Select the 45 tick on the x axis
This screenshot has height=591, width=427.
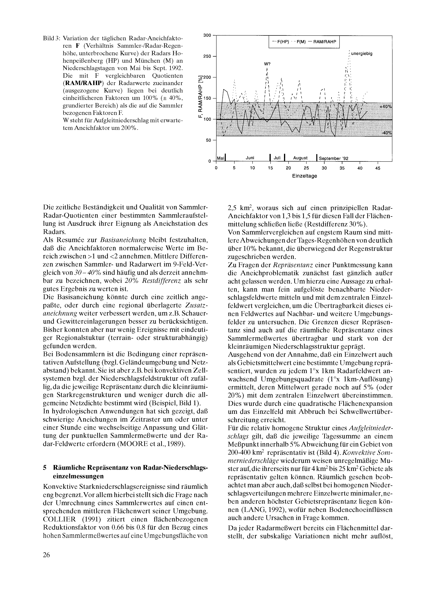(x=378, y=168)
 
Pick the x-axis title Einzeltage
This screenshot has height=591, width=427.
(x=304, y=176)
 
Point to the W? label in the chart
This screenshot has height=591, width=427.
(x=267, y=64)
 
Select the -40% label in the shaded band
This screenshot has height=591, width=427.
(x=386, y=133)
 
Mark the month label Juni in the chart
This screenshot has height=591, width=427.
(x=250, y=158)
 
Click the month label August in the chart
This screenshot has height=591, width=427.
(x=300, y=158)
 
